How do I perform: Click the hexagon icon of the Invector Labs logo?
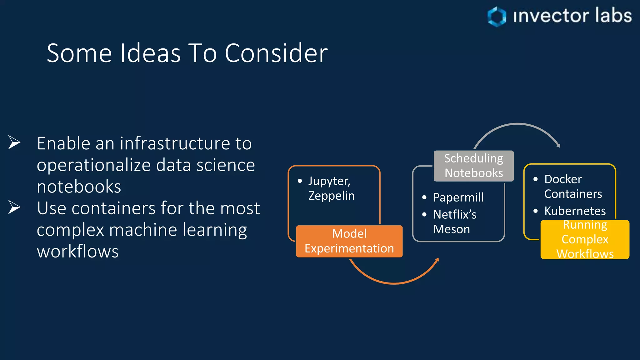click(x=497, y=16)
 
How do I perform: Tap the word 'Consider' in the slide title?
click(x=276, y=53)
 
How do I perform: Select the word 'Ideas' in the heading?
click(x=150, y=53)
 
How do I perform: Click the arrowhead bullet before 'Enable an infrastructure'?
click(x=14, y=142)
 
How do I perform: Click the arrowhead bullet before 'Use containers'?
click(x=14, y=207)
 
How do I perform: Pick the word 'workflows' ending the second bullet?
click(x=77, y=251)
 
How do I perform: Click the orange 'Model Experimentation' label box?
click(x=349, y=241)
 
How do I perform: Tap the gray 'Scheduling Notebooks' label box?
click(x=473, y=166)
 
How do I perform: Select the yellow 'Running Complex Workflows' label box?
click(x=585, y=240)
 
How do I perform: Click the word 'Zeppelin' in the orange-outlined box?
click(x=331, y=196)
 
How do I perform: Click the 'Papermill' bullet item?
click(x=458, y=197)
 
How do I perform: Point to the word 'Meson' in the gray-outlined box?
click(x=451, y=229)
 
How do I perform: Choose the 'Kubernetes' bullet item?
click(x=575, y=211)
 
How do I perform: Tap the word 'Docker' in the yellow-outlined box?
click(x=563, y=179)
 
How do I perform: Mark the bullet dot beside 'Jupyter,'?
click(x=300, y=181)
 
